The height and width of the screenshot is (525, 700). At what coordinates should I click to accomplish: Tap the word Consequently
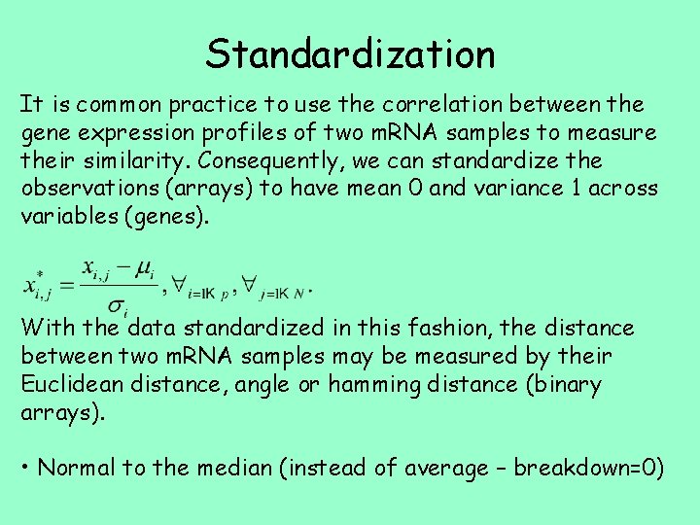point(240,160)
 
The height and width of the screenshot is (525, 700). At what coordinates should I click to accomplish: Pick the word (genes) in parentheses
point(164,217)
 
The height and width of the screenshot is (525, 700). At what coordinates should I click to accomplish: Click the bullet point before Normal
point(26,469)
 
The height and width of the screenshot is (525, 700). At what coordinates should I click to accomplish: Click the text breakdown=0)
point(588,469)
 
